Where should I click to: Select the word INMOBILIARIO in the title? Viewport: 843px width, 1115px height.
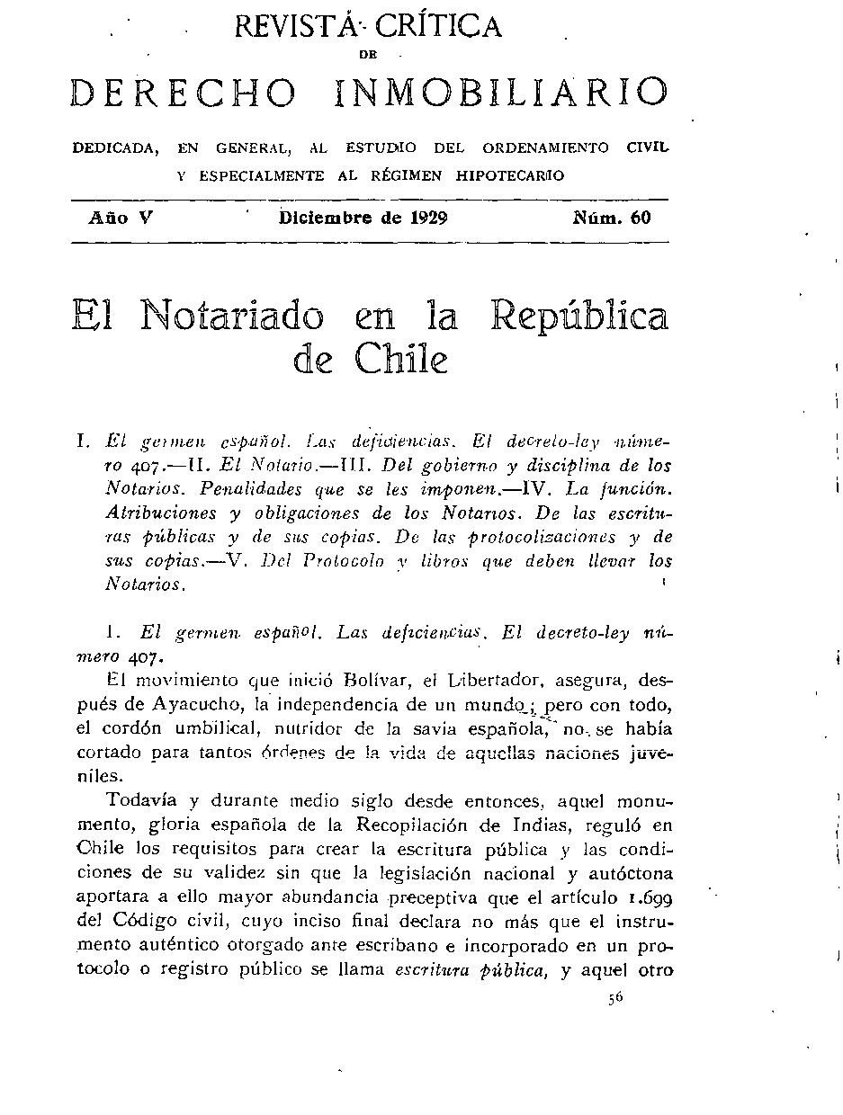[501, 93]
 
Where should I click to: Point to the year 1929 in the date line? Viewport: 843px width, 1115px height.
[426, 218]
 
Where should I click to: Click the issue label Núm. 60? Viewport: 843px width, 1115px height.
[611, 218]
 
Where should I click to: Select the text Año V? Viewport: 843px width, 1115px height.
[120, 218]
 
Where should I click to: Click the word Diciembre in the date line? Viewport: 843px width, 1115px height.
[327, 218]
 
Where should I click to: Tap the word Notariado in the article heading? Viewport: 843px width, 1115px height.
[231, 317]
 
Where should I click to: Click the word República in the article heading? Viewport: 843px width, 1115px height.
[580, 317]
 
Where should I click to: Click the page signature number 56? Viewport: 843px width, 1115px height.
[615, 996]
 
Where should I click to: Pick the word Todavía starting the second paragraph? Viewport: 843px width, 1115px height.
[141, 800]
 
